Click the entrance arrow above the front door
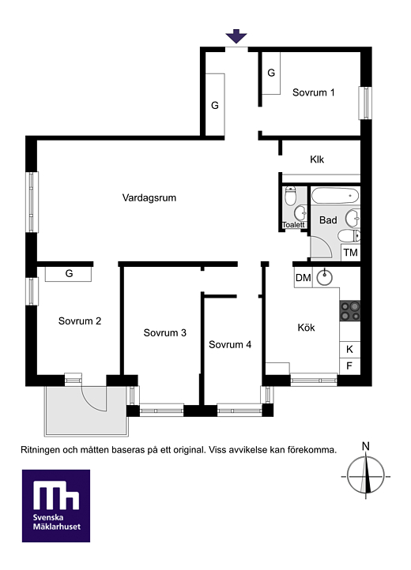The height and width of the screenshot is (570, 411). [x=236, y=36]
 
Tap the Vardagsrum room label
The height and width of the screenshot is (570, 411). [x=149, y=197]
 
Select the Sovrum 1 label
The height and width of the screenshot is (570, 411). [x=314, y=92]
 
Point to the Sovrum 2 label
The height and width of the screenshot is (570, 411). [x=80, y=321]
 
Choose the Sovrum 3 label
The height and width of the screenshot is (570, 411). [x=165, y=332]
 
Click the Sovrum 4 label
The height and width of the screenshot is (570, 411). [x=230, y=345]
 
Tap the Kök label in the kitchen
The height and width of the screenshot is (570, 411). [x=306, y=327]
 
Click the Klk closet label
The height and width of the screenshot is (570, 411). [x=317, y=159]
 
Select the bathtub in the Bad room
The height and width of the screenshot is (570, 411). [x=335, y=196]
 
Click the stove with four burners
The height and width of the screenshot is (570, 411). [x=350, y=311]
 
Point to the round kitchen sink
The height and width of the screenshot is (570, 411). [x=324, y=278]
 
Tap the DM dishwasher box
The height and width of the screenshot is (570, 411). [x=304, y=278]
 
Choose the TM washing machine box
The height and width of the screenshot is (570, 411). [x=351, y=253]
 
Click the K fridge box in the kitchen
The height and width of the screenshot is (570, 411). [x=350, y=350]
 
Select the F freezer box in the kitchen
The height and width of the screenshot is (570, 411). [x=350, y=366]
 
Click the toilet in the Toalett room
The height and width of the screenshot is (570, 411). [x=290, y=196]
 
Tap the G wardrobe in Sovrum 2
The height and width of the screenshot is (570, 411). [x=69, y=274]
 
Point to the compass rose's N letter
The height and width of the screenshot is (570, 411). [x=366, y=446]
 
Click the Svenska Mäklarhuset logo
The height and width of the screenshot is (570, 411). [x=56, y=505]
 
